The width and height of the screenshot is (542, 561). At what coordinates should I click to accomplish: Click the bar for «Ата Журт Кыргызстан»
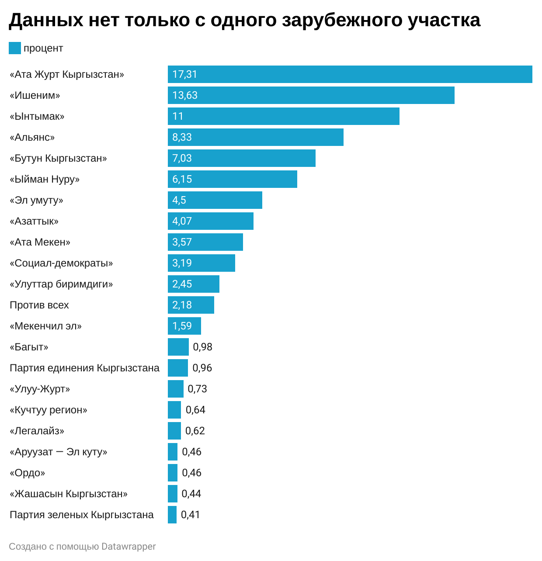tap(350, 74)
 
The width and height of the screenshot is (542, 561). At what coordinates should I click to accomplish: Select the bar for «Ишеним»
tap(311, 95)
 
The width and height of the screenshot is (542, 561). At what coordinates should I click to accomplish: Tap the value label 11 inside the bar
tap(178, 116)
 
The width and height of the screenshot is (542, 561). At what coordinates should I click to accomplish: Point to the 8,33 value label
tap(182, 137)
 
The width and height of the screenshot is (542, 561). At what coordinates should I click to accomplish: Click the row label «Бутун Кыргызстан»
tap(58, 158)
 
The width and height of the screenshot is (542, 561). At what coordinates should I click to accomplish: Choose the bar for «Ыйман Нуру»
tap(232, 179)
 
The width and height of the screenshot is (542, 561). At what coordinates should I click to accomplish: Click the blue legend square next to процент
tap(15, 48)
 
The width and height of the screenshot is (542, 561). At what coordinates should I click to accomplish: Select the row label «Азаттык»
tap(34, 221)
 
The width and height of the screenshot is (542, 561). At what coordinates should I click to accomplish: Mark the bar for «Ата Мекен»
tap(205, 242)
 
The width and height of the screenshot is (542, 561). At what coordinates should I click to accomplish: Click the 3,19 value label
tap(182, 263)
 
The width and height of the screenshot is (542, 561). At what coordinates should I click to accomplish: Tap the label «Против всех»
tap(39, 305)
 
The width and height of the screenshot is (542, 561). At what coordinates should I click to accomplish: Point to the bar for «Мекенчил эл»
tap(184, 326)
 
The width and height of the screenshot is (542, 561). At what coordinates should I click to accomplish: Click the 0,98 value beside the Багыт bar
tap(202, 347)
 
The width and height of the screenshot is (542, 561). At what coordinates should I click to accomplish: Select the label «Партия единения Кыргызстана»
tap(84, 368)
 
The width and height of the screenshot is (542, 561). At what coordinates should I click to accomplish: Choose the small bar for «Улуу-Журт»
tap(175, 389)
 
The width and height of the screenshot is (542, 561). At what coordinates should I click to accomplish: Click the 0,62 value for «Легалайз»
tap(195, 431)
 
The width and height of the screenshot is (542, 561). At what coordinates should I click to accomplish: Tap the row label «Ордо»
tap(28, 473)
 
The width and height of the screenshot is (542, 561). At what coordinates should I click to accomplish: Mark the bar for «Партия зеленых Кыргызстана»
tap(172, 515)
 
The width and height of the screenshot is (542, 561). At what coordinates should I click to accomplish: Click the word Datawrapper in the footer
tap(129, 547)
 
